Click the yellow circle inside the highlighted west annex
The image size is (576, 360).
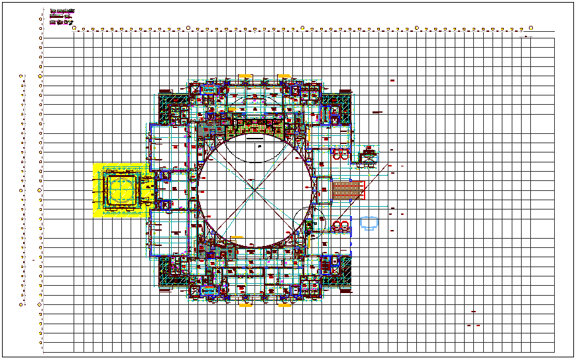click(122, 189)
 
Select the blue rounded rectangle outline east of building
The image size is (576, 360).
click(369, 223)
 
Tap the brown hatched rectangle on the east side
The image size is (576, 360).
click(349, 190)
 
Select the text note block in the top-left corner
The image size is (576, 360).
click(63, 17)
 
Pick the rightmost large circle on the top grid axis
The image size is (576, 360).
click(531, 28)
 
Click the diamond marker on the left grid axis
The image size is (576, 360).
click(40, 304)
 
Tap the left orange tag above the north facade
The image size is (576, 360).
click(245, 77)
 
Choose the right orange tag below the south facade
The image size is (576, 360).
click(284, 305)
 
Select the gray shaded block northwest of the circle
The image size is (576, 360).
click(206, 129)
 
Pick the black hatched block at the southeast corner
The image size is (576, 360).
click(341, 273)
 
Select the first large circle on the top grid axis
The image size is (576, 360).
click(74, 28)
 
